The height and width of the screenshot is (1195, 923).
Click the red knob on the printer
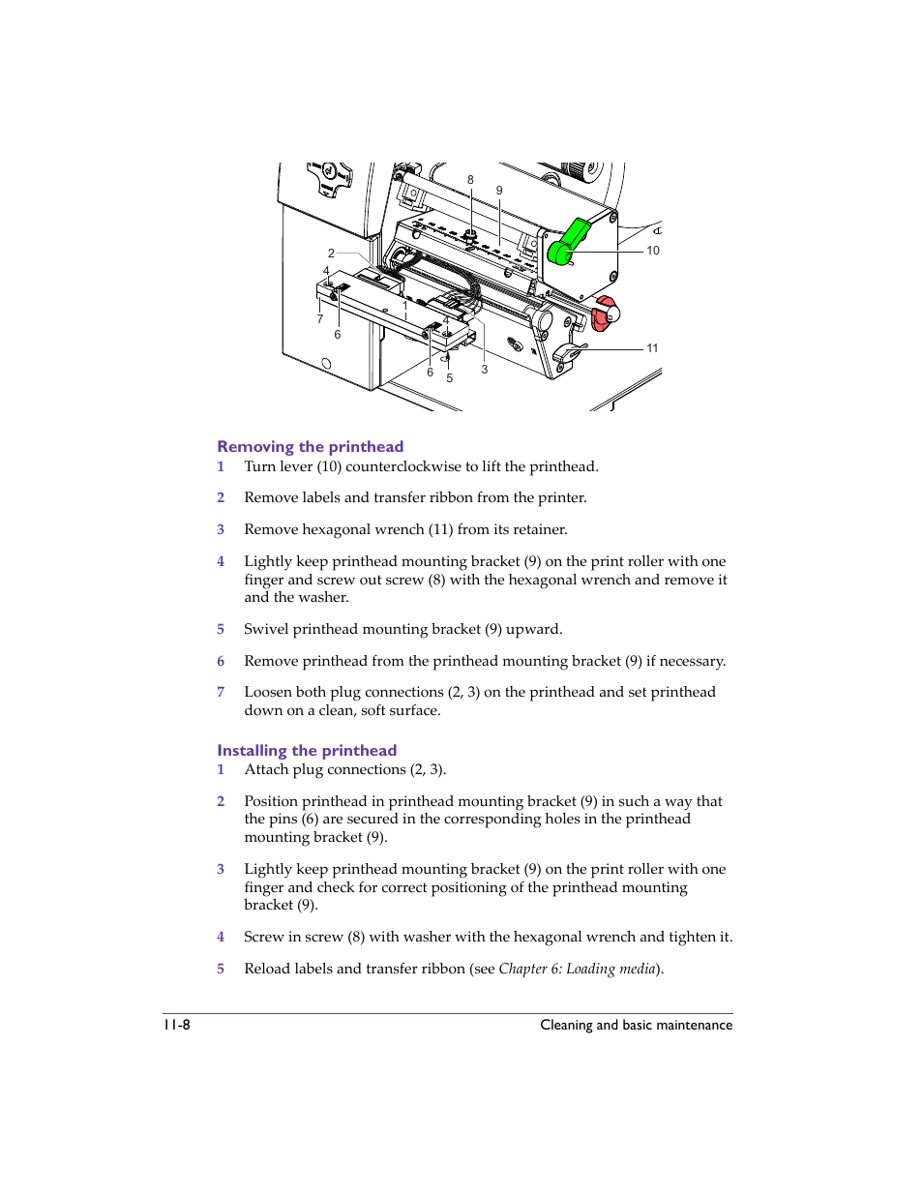(x=604, y=314)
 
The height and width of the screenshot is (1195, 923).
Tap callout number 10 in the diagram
(x=653, y=251)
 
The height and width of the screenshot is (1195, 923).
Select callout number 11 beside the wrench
(x=652, y=348)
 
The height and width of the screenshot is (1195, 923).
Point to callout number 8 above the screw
(x=471, y=180)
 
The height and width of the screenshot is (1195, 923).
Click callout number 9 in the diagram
(x=499, y=191)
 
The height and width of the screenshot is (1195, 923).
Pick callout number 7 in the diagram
(x=320, y=318)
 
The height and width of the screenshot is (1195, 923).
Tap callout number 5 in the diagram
(x=450, y=378)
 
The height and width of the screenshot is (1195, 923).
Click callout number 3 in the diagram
(x=485, y=370)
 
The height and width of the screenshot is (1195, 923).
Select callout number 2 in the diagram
(x=331, y=254)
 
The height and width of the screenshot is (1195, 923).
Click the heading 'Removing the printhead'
(x=310, y=446)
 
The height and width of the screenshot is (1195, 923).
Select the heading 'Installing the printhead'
(x=307, y=750)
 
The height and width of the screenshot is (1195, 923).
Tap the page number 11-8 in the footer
(x=176, y=1025)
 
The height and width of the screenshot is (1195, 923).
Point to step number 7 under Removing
(x=221, y=692)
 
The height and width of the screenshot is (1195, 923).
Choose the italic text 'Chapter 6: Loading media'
(x=578, y=969)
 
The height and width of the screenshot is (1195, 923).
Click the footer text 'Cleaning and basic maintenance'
(x=636, y=1025)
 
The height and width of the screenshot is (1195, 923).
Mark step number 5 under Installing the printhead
(x=221, y=969)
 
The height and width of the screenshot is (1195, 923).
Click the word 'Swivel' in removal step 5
(x=266, y=629)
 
